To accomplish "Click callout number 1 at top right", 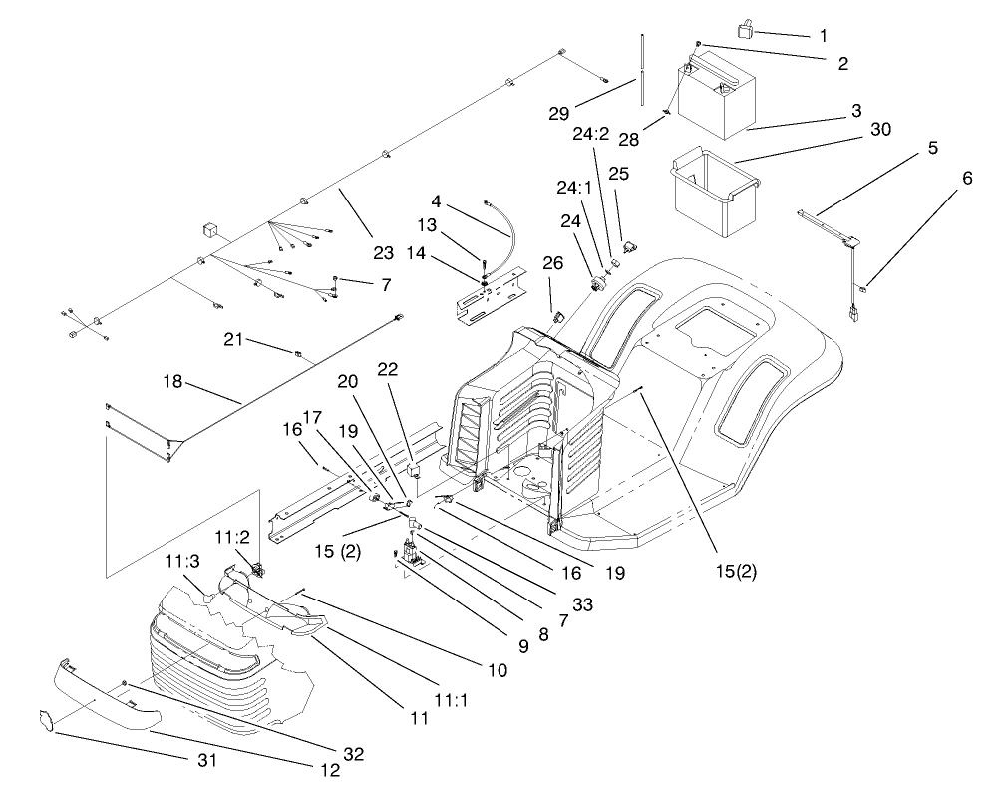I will tap(823, 35).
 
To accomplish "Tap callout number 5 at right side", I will tap(932, 148).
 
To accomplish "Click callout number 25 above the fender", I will tap(618, 174).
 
